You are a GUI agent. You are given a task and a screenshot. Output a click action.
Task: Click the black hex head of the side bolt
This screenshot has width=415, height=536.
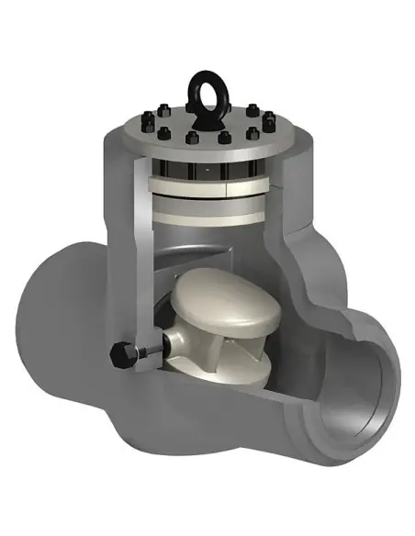119,354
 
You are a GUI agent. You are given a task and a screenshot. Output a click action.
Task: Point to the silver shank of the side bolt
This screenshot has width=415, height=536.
147,350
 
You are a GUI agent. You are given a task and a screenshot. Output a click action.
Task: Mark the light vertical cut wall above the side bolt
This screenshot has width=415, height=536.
138,266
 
